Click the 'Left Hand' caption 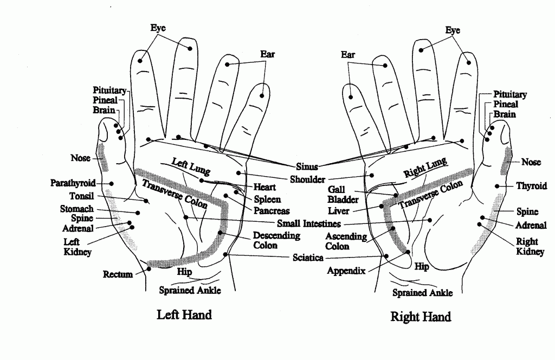tap(184, 314)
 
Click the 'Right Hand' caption tap(421, 317)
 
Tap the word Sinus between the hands tap(307, 167)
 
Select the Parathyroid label tap(73, 183)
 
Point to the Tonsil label tap(82, 196)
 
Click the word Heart tap(265, 187)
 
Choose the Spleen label tap(268, 199)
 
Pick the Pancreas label tap(272, 211)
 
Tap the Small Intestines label tap(309, 223)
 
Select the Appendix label tap(346, 271)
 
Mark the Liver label tap(339, 211)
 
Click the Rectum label tap(118, 274)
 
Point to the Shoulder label tap(307, 179)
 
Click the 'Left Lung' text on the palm tap(188, 165)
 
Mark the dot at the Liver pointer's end tap(382, 207)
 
